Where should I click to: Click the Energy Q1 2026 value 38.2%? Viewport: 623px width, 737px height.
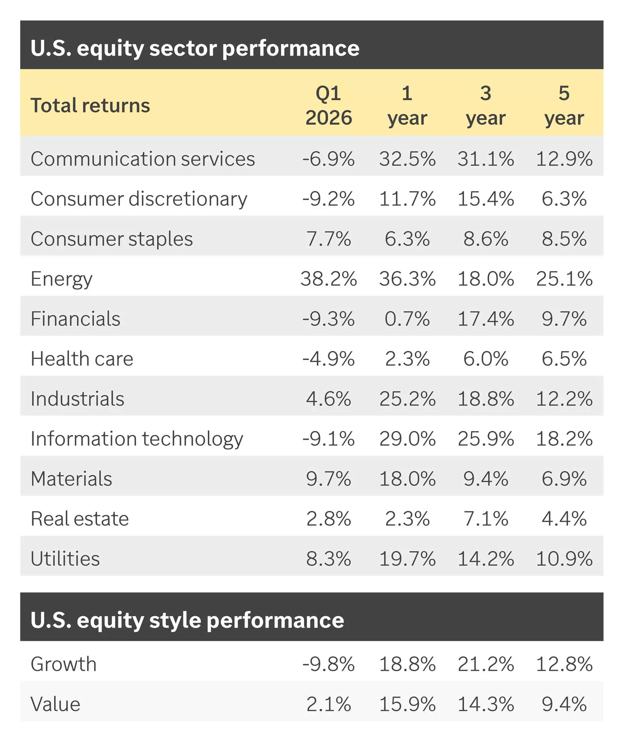[328, 279]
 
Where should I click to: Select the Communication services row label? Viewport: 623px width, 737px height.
[143, 159]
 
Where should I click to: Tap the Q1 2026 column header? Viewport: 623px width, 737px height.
[328, 105]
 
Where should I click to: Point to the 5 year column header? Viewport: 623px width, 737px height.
[564, 105]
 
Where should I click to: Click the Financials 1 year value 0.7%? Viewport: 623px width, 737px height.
[407, 319]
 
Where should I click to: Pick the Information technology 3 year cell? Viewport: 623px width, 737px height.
[486, 438]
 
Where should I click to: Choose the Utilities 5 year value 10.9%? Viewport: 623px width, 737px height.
[564, 558]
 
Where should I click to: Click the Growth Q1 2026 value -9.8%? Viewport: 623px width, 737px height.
[328, 664]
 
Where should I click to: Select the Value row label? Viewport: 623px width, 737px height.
[55, 704]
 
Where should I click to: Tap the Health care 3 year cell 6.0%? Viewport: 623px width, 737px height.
[486, 359]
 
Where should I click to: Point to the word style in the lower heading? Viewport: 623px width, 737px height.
[175, 620]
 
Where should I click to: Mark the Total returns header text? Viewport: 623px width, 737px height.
[90, 105]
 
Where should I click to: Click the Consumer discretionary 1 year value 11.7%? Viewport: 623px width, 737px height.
[407, 199]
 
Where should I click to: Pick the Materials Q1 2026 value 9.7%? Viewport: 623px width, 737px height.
[328, 479]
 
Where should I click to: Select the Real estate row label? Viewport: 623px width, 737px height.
[79, 519]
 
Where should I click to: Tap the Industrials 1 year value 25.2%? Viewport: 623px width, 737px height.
[407, 399]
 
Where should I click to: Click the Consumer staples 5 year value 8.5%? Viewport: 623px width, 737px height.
[564, 239]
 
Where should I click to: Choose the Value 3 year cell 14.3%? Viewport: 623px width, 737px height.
[486, 704]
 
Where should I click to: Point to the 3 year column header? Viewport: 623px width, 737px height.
[486, 105]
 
